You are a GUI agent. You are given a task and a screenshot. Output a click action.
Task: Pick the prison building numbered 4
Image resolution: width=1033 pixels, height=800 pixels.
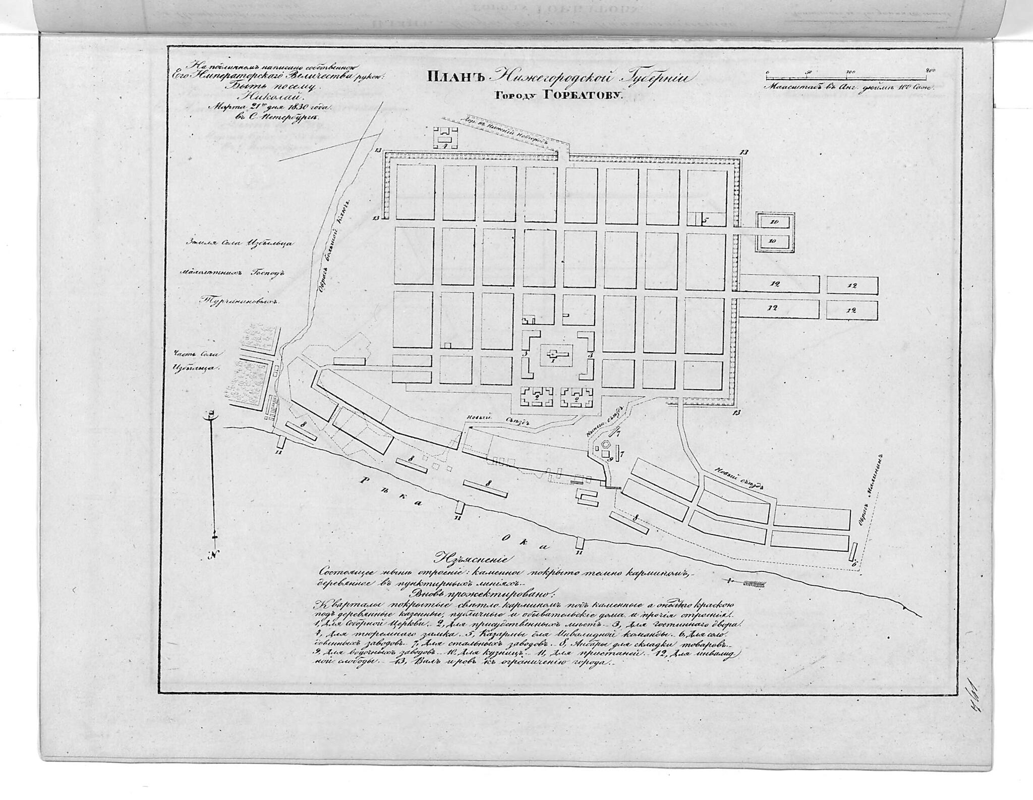click(445, 137)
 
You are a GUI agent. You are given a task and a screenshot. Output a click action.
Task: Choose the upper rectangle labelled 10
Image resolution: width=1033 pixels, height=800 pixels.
click(775, 222)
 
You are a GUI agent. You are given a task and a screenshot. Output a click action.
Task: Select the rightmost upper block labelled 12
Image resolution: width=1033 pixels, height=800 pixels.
click(853, 286)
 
